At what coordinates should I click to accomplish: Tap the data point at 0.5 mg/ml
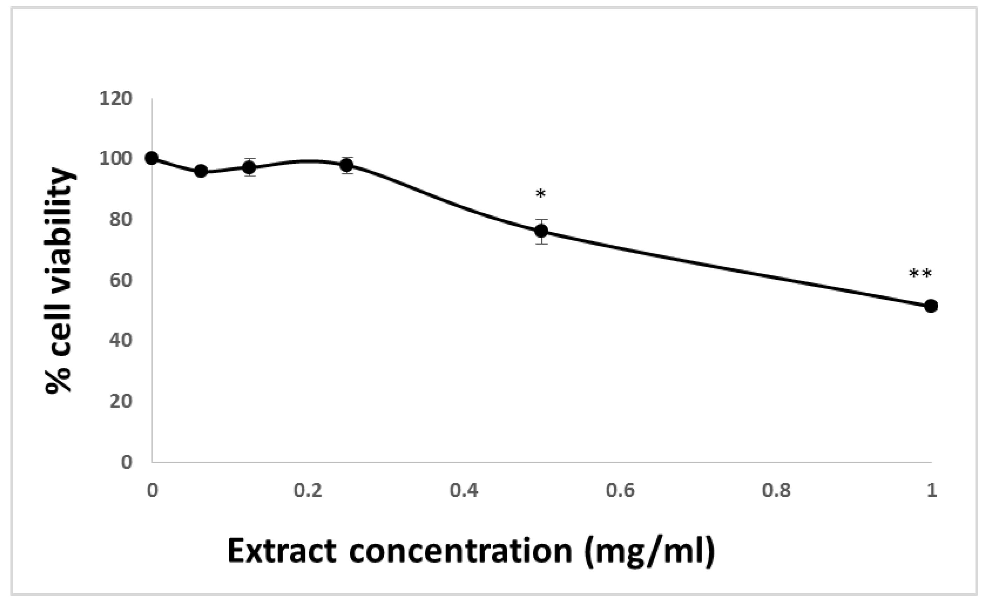pos(541,230)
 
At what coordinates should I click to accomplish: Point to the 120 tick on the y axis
pos(116,98)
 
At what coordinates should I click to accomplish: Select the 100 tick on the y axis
pos(116,159)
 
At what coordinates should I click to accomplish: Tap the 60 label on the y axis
pos(121,280)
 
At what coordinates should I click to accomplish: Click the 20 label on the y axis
pos(121,401)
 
